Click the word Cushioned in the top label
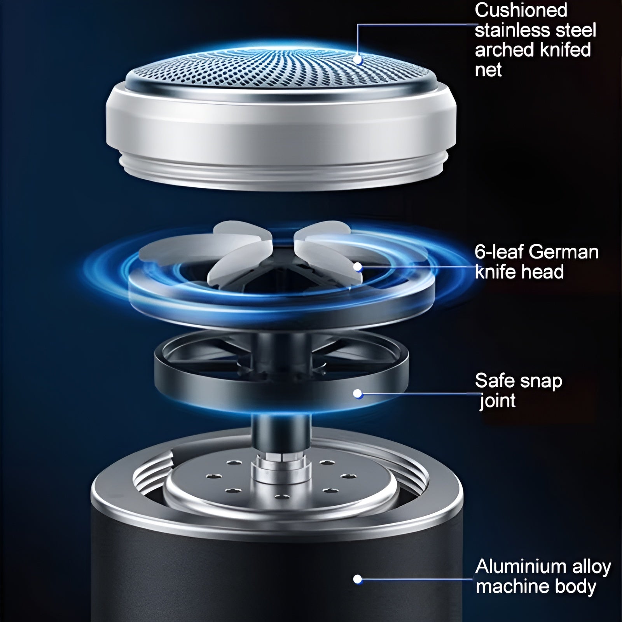521,10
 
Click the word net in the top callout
488,70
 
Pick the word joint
497,401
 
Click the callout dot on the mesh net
358,60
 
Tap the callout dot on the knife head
358,267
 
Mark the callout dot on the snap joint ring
358,394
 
